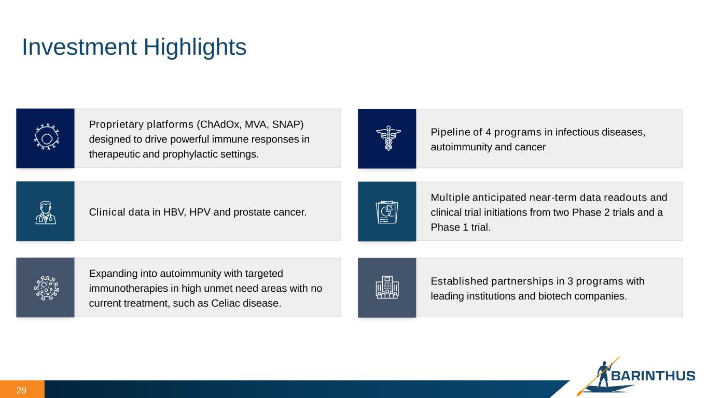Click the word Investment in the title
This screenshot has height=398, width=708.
click(79, 47)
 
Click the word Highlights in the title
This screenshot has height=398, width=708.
click(195, 47)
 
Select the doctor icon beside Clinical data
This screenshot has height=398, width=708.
click(46, 212)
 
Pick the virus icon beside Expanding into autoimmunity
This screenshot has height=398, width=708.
click(47, 288)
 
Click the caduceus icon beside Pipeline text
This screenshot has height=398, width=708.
click(388, 138)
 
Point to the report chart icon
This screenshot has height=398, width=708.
click(387, 212)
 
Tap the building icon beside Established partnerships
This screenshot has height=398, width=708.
click(387, 287)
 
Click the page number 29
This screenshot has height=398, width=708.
click(21, 390)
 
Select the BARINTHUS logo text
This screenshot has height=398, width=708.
click(653, 376)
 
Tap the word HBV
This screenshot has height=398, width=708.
click(174, 212)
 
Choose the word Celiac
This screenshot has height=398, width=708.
click(225, 303)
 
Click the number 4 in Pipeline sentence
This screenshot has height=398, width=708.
click(488, 132)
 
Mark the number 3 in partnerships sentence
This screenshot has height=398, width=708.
click(570, 281)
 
